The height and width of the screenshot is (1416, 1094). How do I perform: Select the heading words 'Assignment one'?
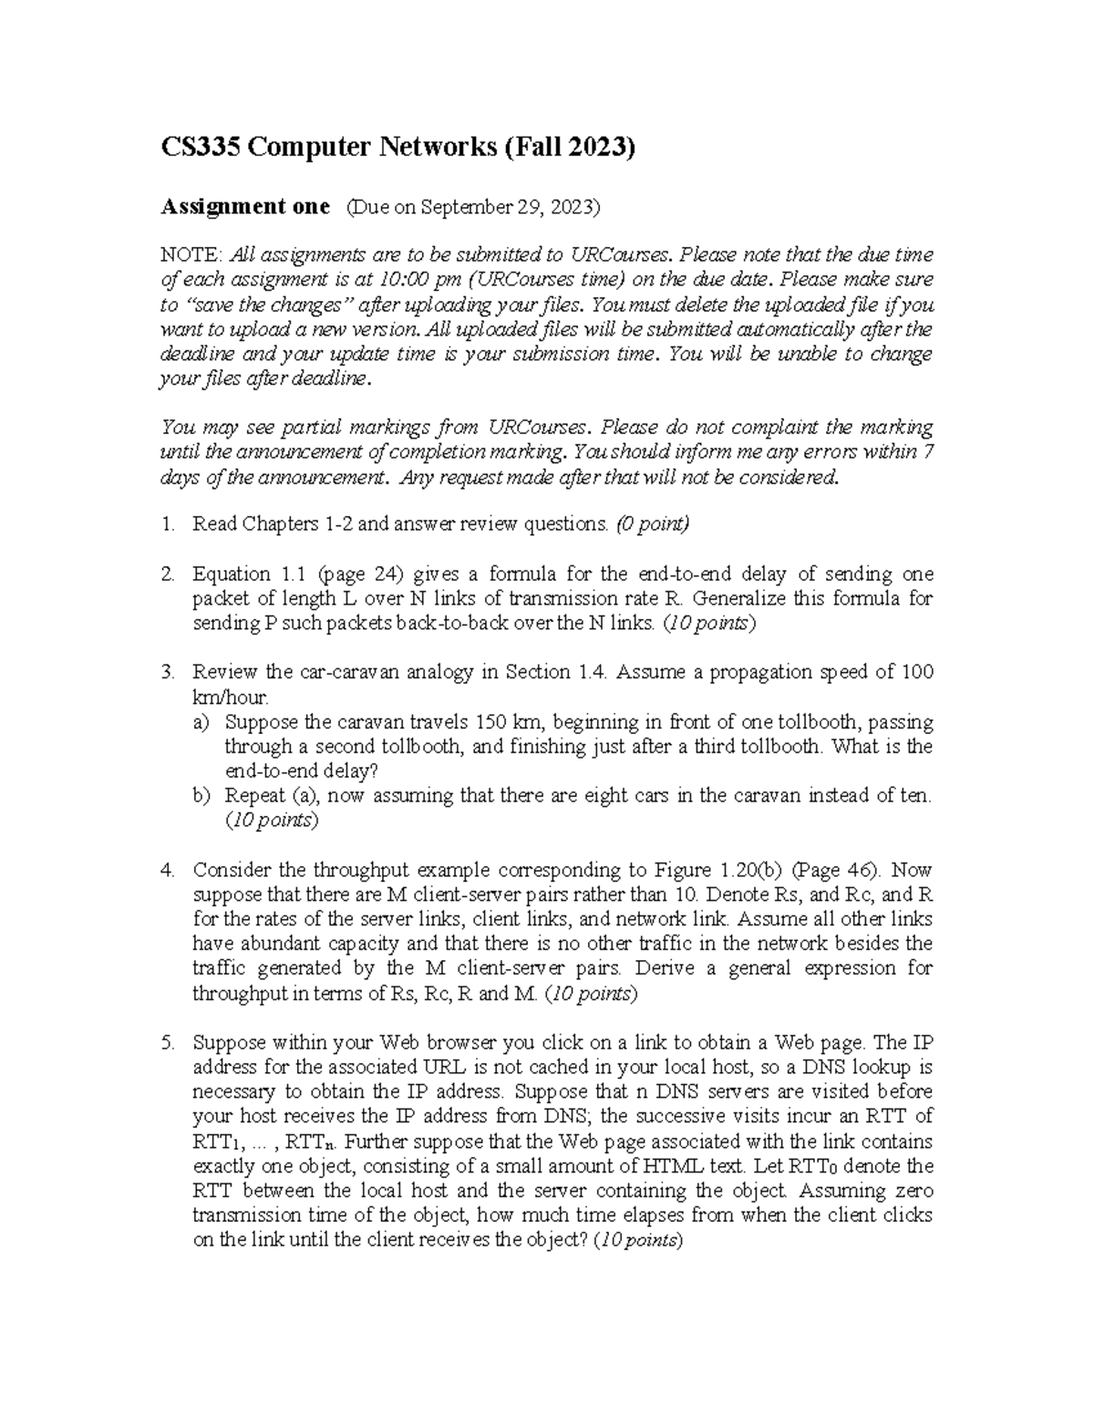[x=244, y=207]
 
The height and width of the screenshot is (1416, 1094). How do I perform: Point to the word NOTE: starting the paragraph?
[x=191, y=254]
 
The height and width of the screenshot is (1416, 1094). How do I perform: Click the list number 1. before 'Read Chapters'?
[x=167, y=524]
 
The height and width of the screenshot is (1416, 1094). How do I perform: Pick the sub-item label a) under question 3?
[x=201, y=722]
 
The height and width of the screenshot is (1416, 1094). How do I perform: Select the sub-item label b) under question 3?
[x=201, y=796]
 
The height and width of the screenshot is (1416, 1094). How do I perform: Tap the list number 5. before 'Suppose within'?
[x=167, y=1043]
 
